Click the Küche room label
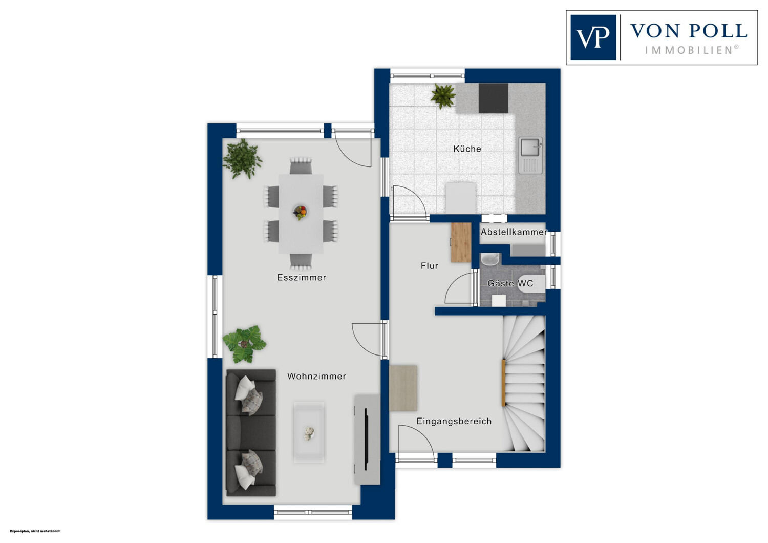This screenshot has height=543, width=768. point(467,149)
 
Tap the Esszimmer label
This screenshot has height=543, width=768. point(302,277)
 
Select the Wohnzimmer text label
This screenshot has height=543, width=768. point(316,376)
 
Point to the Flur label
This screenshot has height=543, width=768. point(429,265)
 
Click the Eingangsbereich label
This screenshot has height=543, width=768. point(454,421)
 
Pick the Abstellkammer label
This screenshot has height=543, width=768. point(514,232)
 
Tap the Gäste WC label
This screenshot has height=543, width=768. point(510,283)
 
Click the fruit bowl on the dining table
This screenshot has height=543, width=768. point(300,212)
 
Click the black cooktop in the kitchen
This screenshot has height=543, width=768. point(494,98)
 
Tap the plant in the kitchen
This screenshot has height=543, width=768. point(443,96)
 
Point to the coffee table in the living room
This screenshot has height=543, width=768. point(309,432)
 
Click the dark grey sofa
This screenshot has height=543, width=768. point(251,432)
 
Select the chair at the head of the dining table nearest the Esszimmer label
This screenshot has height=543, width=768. point(301,261)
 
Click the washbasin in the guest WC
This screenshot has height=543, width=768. point(490,259)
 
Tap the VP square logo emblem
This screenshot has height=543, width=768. point(593,37)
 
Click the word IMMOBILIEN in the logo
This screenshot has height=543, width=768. point(689,50)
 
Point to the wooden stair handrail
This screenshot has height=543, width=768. point(503,383)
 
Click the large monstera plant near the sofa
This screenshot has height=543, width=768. point(244,344)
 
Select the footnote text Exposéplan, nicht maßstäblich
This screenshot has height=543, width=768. point(35,531)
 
